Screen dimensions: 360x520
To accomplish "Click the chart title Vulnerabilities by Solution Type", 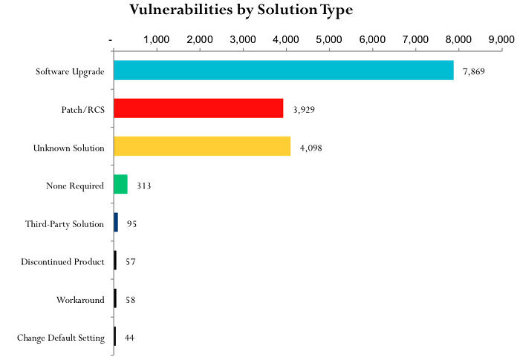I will [241, 10].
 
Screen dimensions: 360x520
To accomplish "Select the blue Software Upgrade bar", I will [283, 71].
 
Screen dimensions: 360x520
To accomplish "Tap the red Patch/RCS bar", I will [198, 108].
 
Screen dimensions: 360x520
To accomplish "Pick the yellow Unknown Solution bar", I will [202, 147].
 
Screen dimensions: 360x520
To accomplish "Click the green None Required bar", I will [120, 185].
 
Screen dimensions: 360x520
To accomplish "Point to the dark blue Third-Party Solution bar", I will [116, 223].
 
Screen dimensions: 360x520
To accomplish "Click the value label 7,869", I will [473, 71].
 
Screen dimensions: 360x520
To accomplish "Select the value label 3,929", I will [305, 109].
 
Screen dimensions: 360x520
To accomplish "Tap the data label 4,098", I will [311, 148].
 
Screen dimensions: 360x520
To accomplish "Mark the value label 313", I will [144, 186].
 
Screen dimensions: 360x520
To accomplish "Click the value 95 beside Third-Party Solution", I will [131, 223].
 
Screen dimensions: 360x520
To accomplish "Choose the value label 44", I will [129, 338].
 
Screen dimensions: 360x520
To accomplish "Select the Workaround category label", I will [80, 300].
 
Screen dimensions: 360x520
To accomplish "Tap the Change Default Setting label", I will [61, 338].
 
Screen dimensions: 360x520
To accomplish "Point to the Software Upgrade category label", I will [70, 71].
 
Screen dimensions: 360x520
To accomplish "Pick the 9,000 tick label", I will [501, 39].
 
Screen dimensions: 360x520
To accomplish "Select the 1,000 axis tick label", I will [155, 39].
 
